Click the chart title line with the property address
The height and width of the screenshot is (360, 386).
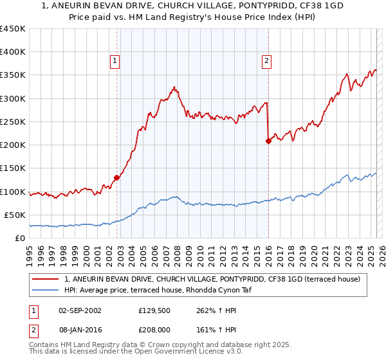point(193,6)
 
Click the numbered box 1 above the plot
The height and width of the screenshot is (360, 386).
point(115,61)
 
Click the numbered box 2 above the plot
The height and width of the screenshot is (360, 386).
point(266,61)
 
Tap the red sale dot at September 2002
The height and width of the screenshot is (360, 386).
point(116,177)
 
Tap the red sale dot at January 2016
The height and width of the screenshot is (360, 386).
point(268,141)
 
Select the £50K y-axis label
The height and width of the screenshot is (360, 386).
point(15,215)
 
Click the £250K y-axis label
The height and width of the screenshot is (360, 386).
point(13,122)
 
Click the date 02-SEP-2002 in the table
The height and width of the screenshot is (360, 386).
point(80,310)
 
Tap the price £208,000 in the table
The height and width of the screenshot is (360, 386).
point(154,328)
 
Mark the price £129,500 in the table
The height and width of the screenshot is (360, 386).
point(154,310)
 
